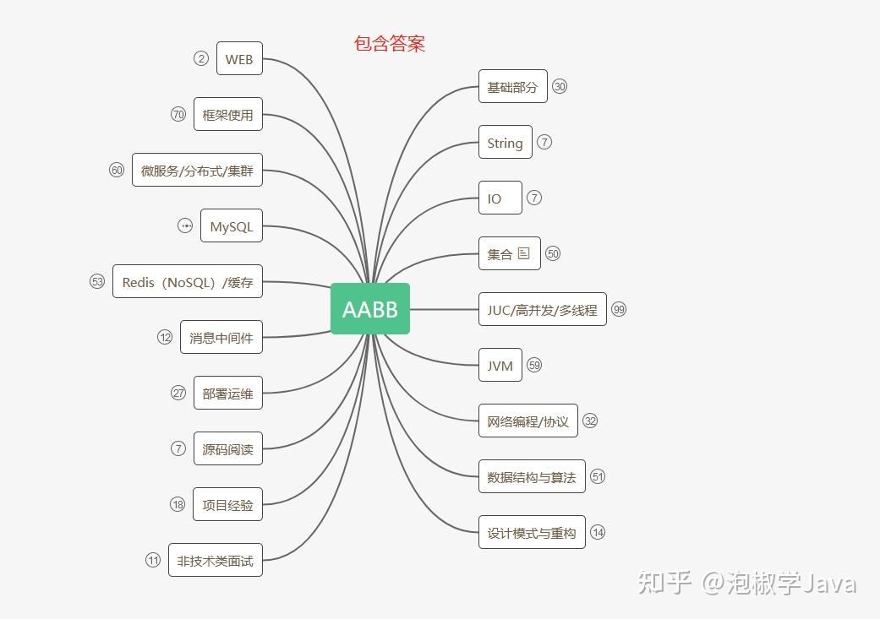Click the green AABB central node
point(370,309)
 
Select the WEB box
point(239,59)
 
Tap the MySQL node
point(232,226)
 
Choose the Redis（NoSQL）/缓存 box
point(188,282)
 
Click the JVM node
point(500,366)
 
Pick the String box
point(506,143)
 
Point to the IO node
point(500,198)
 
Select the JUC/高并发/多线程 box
point(542,310)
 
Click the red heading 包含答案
point(390,44)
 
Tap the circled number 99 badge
point(619,310)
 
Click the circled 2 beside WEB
point(200,58)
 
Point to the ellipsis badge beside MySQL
point(185,225)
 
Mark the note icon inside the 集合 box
point(524,253)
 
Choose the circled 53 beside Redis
point(97,281)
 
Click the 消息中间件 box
point(221,338)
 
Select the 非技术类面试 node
point(216,560)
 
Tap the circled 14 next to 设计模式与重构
point(598,532)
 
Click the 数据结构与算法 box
point(532,477)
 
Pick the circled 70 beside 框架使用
point(178,114)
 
